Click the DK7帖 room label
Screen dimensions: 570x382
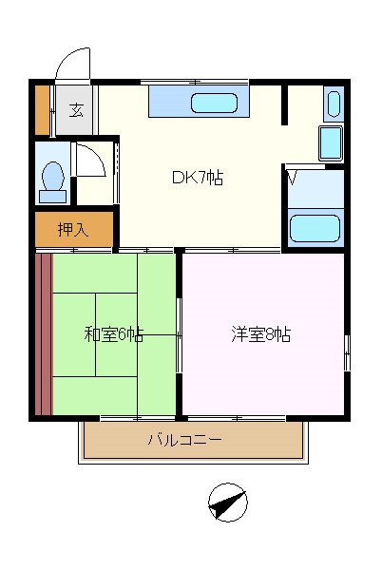point(198,177)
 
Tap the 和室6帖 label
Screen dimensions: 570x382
point(113,333)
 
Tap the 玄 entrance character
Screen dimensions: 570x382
point(76,109)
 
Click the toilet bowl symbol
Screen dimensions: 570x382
point(53,177)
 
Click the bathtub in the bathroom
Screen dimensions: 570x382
point(315,229)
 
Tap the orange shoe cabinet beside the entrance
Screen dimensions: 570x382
point(42,109)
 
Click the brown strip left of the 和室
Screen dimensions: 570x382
point(43,333)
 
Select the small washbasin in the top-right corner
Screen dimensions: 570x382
point(332,103)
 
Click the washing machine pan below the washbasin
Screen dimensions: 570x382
point(330,142)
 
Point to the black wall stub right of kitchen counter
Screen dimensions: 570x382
point(283,105)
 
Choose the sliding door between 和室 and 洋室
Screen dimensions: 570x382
point(179,334)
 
